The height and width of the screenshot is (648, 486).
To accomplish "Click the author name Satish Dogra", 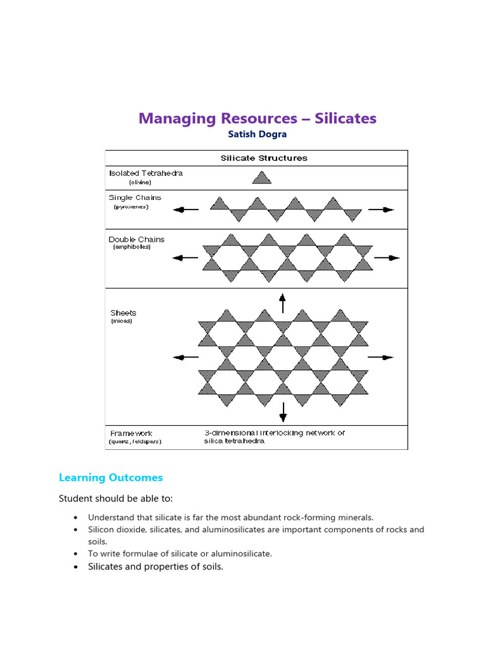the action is coord(257,134).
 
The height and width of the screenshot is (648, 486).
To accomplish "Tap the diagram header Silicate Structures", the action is coord(264,158).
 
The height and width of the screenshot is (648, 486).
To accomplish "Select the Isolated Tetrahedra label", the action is coord(146,173).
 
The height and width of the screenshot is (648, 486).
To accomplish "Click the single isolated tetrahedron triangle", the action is coord(262,178).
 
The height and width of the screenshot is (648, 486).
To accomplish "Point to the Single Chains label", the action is coord(135,197).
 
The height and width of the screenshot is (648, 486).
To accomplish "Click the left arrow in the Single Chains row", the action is coord(186,209).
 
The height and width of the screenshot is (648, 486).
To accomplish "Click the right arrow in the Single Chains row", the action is coord(381,209).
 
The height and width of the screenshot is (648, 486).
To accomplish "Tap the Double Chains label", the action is coord(137,239).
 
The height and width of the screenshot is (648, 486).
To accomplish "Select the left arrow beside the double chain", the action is coord(186,258).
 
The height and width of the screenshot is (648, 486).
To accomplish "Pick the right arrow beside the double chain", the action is coord(387,258).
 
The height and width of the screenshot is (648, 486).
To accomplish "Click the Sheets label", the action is coord(123,313).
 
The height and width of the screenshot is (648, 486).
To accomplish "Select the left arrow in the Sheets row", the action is coord(186,358).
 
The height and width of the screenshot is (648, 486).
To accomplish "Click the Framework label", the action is coord(131,433).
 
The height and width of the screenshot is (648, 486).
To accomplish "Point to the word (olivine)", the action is coord(140,182).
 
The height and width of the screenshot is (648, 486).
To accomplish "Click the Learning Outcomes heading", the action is coord(111,478).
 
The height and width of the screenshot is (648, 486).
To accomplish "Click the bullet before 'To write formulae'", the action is coord(76,554).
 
